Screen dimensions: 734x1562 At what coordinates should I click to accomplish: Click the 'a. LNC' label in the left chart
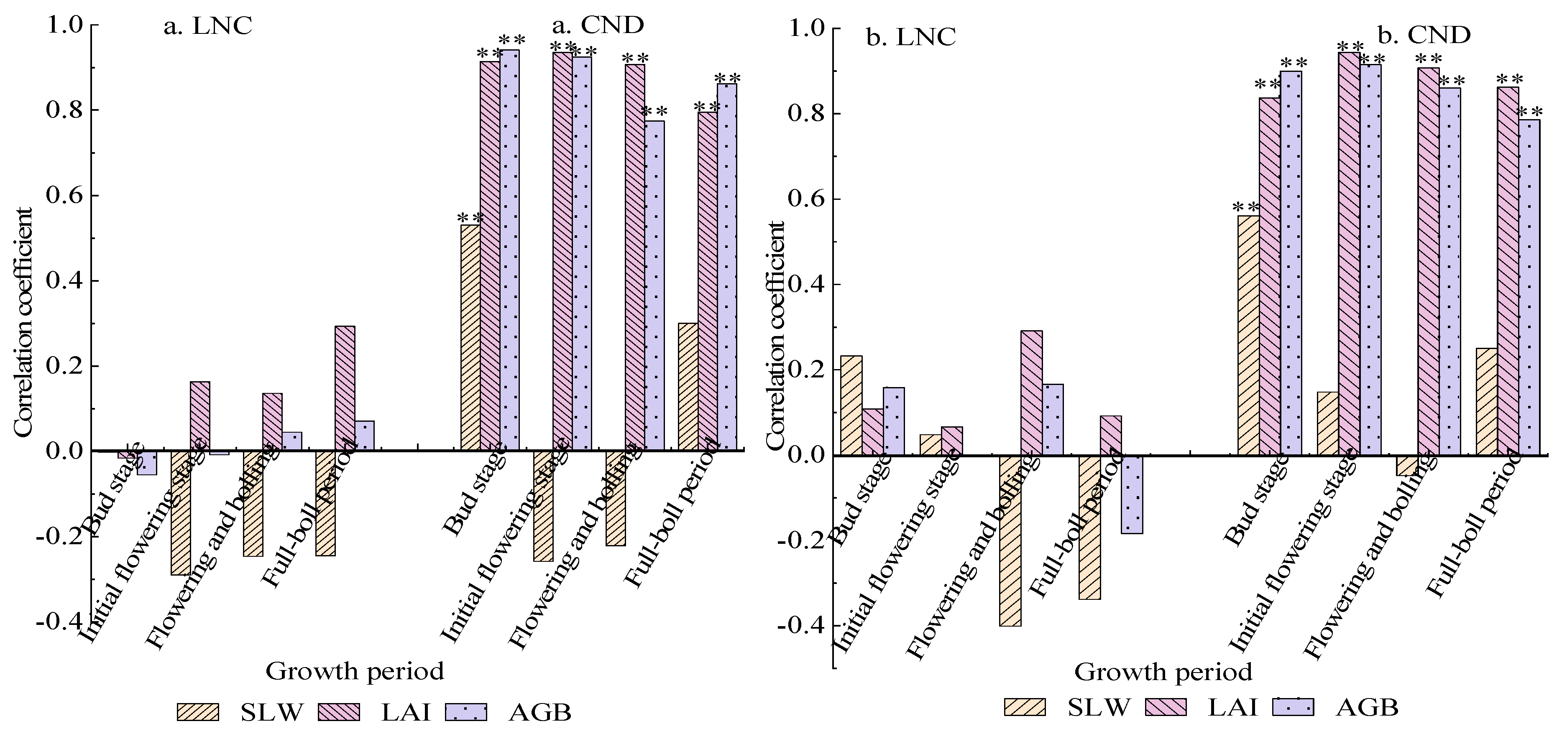[x=207, y=27]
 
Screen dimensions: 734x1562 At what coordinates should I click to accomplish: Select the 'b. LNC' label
[x=911, y=38]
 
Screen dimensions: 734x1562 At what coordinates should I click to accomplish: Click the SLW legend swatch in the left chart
[x=198, y=712]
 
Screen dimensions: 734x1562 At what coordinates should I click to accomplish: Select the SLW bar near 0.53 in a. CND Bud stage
[x=470, y=338]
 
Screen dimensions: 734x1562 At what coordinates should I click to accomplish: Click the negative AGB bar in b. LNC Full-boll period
[x=1132, y=494]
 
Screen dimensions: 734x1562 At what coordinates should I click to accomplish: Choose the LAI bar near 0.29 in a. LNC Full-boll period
[x=345, y=388]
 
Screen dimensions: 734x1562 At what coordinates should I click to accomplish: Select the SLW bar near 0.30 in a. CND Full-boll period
[x=688, y=386]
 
